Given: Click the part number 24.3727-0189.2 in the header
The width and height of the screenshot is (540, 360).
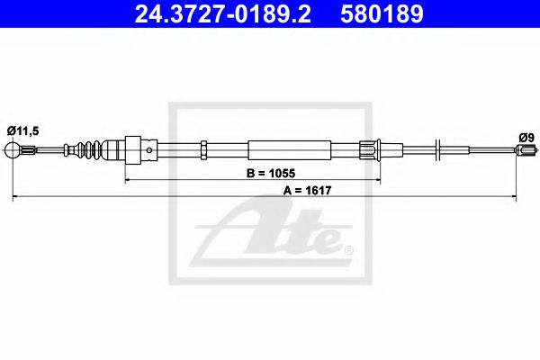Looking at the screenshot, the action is (x=223, y=13).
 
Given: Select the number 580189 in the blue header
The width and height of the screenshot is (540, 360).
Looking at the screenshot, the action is (x=382, y=13).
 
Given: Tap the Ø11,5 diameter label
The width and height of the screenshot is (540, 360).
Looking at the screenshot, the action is (x=23, y=130).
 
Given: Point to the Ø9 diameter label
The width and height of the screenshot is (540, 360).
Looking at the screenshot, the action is (x=526, y=138).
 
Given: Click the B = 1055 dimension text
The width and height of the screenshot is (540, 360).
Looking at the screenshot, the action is (x=271, y=173).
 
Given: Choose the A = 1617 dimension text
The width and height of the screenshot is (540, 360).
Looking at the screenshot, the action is (x=307, y=190).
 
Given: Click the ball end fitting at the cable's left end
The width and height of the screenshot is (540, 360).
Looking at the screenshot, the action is (x=13, y=150).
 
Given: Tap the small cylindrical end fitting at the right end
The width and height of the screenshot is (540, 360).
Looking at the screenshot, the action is (x=526, y=149).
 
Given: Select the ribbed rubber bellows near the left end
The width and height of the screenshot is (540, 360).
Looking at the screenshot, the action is (x=89, y=150).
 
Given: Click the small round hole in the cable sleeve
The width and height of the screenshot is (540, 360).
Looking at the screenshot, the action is (x=149, y=150).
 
